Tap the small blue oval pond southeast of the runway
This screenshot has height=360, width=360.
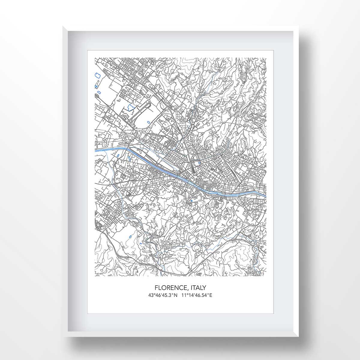tap(149, 122)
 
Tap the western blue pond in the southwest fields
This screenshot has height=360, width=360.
tap(130, 237)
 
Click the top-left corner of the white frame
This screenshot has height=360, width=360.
tap(63, 26)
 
